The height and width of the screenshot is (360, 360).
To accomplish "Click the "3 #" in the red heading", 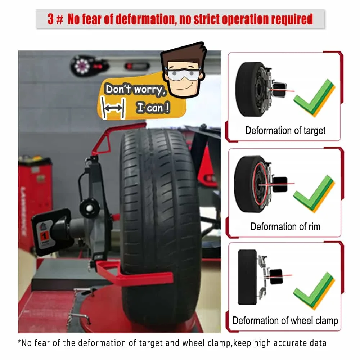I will point(56,19).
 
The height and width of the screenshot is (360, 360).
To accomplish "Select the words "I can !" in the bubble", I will point(153,108).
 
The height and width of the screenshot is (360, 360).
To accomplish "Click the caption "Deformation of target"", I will point(285,130).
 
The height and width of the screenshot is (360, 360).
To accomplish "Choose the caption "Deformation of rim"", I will point(285,226).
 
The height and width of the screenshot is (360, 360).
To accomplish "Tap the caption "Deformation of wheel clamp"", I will point(285,320).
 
